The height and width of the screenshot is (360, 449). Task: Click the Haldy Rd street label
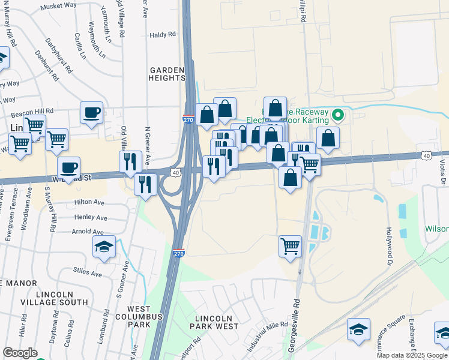pos(161,35)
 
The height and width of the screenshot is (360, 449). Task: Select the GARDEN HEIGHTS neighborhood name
pos(167,74)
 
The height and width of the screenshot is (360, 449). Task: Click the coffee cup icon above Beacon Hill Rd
pos(91,113)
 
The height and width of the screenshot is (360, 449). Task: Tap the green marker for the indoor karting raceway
pos(337,114)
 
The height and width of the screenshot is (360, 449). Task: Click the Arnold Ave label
pos(88,232)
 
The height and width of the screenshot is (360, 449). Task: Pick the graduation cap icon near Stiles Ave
pos(104,246)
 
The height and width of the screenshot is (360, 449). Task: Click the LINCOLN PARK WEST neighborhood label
pos(214,322)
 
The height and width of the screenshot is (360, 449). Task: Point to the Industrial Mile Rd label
pos(269,337)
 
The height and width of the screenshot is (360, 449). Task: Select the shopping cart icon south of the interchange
pos(290,245)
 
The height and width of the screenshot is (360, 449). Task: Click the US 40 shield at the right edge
pos(426,156)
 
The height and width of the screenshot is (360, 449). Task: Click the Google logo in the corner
pos(20,353)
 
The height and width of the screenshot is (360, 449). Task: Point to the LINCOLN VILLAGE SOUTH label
pos(62,298)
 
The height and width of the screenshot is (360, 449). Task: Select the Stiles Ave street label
pos(88,273)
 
